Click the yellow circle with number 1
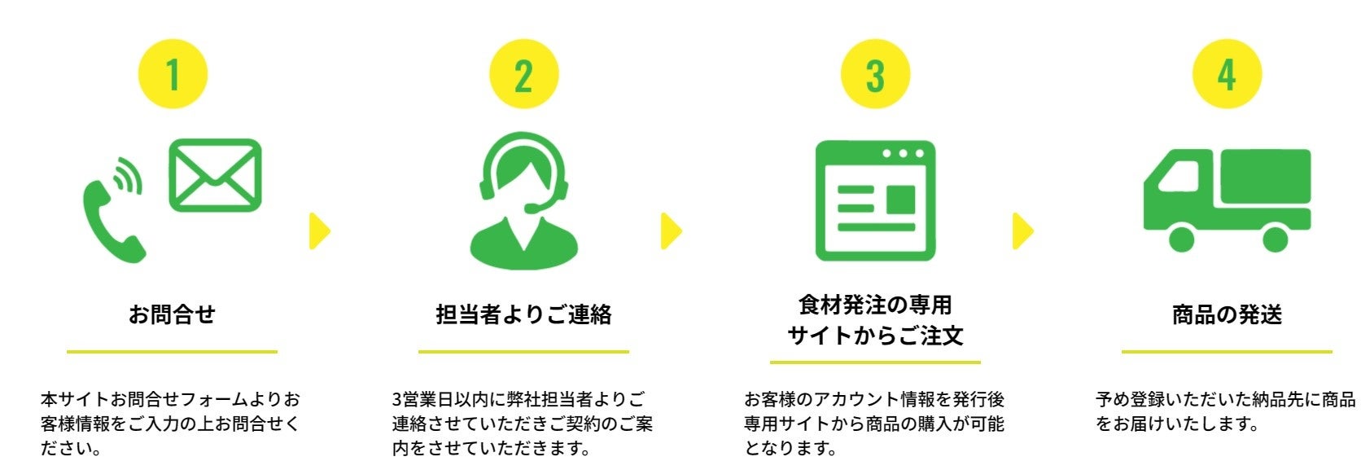click(173, 74)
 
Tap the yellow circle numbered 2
click(523, 74)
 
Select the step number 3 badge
click(875, 74)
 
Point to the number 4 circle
click(1227, 74)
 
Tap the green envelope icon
click(216, 175)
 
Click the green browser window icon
click(875, 200)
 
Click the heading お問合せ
click(172, 314)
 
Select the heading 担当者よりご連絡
click(523, 314)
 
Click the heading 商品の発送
click(1227, 314)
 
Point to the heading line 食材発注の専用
click(875, 305)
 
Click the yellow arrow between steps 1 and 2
click(319, 231)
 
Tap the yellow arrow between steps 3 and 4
click(1022, 231)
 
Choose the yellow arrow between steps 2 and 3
click(671, 231)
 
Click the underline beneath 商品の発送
click(1227, 352)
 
